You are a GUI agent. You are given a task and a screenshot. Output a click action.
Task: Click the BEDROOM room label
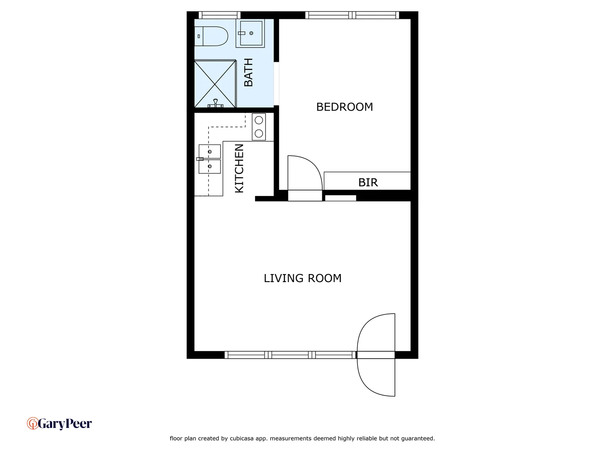point(345,107)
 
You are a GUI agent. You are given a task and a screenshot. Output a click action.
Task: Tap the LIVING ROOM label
point(302,278)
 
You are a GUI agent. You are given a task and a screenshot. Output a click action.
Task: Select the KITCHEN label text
point(239,168)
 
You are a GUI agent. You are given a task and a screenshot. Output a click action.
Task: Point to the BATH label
point(248,72)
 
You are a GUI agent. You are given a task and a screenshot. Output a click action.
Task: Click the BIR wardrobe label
point(368,182)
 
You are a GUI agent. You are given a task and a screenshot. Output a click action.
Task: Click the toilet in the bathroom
point(211,36)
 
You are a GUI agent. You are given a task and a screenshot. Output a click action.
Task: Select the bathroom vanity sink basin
point(251,33)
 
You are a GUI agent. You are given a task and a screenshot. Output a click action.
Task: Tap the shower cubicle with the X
point(215,84)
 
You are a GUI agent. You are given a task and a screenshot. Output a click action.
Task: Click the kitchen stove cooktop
point(259,127)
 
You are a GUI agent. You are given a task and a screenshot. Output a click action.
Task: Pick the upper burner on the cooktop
point(259,120)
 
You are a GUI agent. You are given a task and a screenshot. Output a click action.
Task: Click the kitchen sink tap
point(200,159)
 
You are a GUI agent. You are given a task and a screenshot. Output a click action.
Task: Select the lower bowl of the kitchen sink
point(210,166)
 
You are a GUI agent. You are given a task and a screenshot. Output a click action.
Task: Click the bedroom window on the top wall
point(352,15)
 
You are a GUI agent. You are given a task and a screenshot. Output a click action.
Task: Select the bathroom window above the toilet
point(219,15)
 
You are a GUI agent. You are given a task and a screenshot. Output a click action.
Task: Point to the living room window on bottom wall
point(290,355)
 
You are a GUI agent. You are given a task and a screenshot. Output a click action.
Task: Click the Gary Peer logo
point(59,423)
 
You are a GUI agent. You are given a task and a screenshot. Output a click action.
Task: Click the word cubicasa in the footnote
point(243,438)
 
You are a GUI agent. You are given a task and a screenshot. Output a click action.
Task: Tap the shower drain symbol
point(216,102)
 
